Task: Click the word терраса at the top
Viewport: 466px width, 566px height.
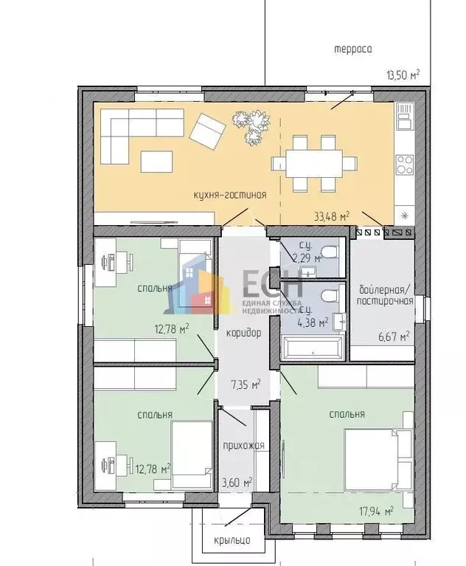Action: tap(352, 49)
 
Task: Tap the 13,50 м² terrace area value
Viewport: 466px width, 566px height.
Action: tap(403, 75)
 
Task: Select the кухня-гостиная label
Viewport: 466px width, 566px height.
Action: tap(230, 196)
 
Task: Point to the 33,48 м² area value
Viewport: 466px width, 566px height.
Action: tap(332, 216)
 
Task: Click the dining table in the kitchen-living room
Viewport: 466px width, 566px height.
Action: tap(314, 164)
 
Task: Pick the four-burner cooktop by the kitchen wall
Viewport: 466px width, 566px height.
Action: tap(404, 165)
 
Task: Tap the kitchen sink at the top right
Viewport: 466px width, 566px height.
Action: tap(404, 117)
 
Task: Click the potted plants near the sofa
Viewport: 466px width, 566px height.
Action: tap(251, 126)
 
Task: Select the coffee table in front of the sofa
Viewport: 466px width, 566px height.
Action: tap(156, 162)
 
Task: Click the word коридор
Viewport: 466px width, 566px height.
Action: tap(243, 333)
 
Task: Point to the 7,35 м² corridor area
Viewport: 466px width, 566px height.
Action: tap(246, 384)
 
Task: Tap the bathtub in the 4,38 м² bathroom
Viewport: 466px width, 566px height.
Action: tap(313, 348)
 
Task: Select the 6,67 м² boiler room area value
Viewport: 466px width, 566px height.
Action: tap(394, 337)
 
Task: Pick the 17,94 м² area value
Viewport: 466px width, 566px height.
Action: tap(376, 511)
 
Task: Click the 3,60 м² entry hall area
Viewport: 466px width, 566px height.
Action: tap(237, 483)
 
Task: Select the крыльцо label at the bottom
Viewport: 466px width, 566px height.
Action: tap(232, 540)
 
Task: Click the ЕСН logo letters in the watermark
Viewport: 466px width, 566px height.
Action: tap(273, 284)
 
